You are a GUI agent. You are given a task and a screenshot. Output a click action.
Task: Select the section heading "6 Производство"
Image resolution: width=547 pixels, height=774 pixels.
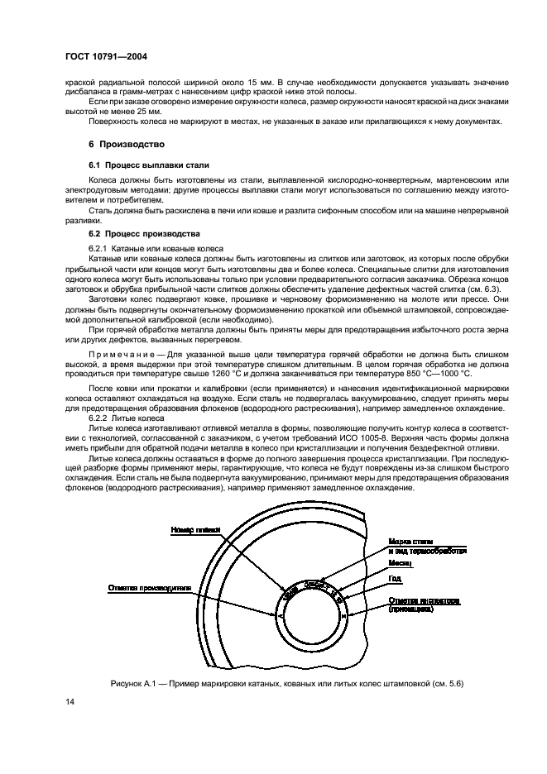pyautogui.click(x=122, y=145)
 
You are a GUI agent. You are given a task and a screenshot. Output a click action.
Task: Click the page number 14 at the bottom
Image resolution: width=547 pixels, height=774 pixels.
pyautogui.click(x=70, y=702)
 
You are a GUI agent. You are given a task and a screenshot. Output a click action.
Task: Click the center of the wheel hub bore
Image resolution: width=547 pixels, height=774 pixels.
pyautogui.click(x=308, y=615)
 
